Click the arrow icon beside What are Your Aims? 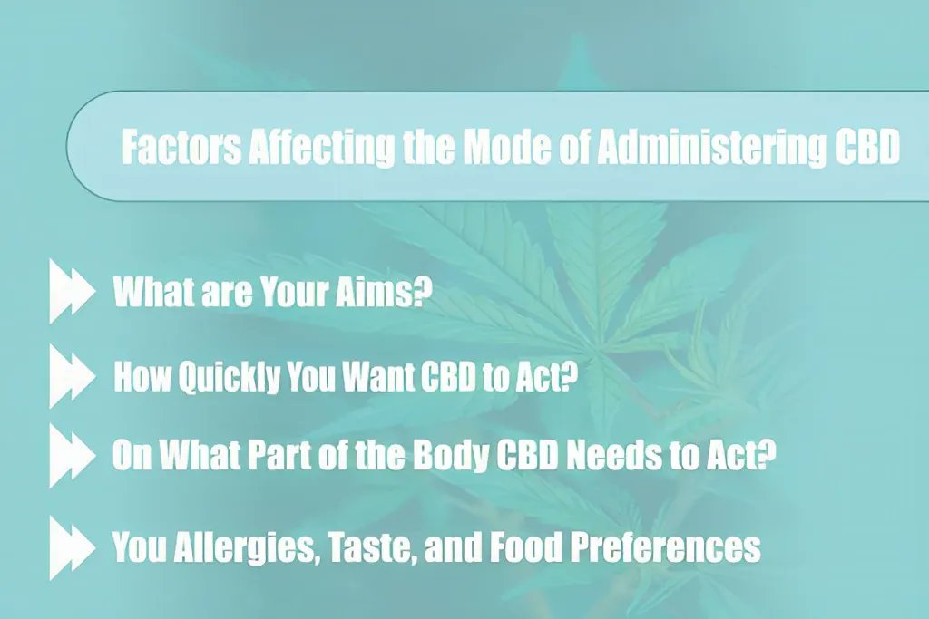[72, 293]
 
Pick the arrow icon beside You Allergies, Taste [72, 547]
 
